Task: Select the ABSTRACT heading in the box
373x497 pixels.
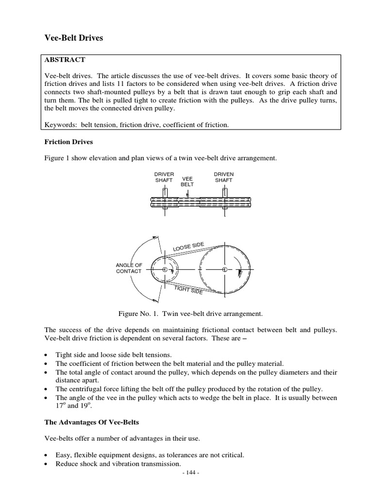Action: [65, 60]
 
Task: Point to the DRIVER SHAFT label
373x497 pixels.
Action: [164, 177]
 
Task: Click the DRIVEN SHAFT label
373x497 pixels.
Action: [223, 177]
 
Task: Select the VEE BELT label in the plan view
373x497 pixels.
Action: [187, 182]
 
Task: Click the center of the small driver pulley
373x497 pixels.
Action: [165, 269]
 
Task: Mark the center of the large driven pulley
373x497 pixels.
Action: [224, 269]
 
